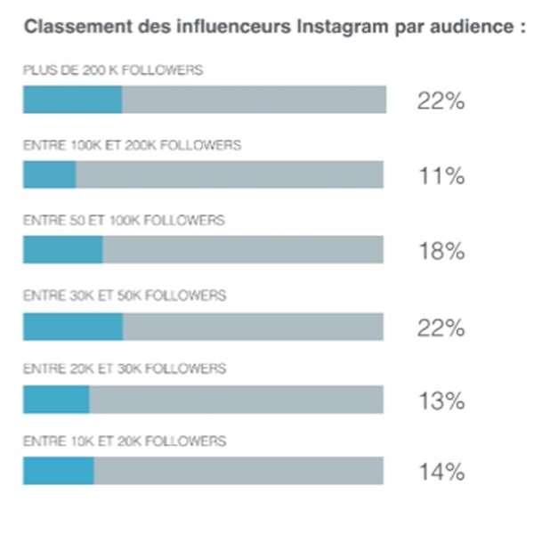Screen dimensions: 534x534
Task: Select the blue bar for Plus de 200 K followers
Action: [72, 100]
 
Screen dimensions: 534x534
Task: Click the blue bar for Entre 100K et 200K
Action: [49, 175]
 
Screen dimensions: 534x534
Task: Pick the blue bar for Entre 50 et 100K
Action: [62, 250]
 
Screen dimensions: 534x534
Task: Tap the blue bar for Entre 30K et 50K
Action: [73, 326]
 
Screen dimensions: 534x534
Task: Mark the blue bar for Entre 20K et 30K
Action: [56, 400]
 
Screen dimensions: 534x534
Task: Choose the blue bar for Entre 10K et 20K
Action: [58, 470]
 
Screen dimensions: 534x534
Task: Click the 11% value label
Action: [441, 176]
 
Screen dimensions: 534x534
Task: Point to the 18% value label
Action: [441, 252]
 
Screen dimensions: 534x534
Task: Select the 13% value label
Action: [441, 401]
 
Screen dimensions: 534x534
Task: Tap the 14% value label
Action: [441, 472]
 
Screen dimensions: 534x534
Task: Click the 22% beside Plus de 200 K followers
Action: [441, 101]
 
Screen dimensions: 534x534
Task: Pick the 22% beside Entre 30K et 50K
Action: [441, 328]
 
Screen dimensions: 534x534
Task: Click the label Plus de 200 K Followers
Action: [113, 70]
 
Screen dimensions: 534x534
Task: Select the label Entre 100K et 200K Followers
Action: [132, 145]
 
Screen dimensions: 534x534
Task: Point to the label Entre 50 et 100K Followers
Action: [124, 220]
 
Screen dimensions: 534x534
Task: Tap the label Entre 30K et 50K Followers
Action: [125, 295]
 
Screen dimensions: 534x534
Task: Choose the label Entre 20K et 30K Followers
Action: [125, 368]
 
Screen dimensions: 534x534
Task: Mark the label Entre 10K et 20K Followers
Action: [125, 441]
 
